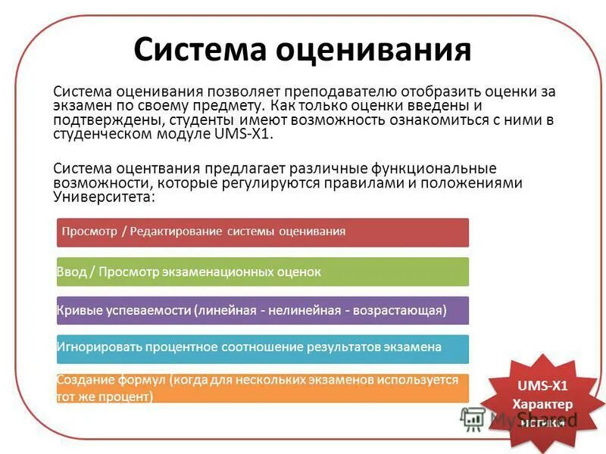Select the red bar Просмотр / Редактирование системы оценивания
click(262, 232)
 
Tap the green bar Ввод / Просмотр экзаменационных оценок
click(262, 272)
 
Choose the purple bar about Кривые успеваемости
click(262, 311)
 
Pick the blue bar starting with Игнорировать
click(262, 348)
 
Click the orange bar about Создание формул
click(262, 387)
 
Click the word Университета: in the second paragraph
click(104, 197)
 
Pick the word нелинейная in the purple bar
click(324, 311)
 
